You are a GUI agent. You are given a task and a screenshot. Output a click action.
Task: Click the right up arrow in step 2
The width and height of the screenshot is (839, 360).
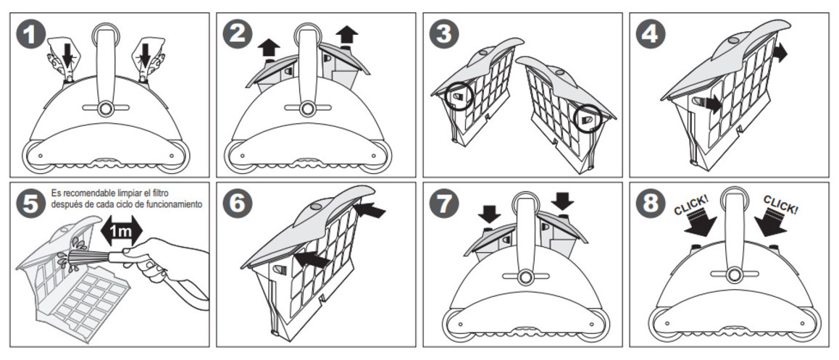[x=349, y=35]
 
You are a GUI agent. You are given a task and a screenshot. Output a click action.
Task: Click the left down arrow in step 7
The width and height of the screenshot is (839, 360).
[x=489, y=213]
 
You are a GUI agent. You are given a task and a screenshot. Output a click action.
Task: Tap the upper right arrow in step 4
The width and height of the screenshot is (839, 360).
[x=780, y=52]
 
